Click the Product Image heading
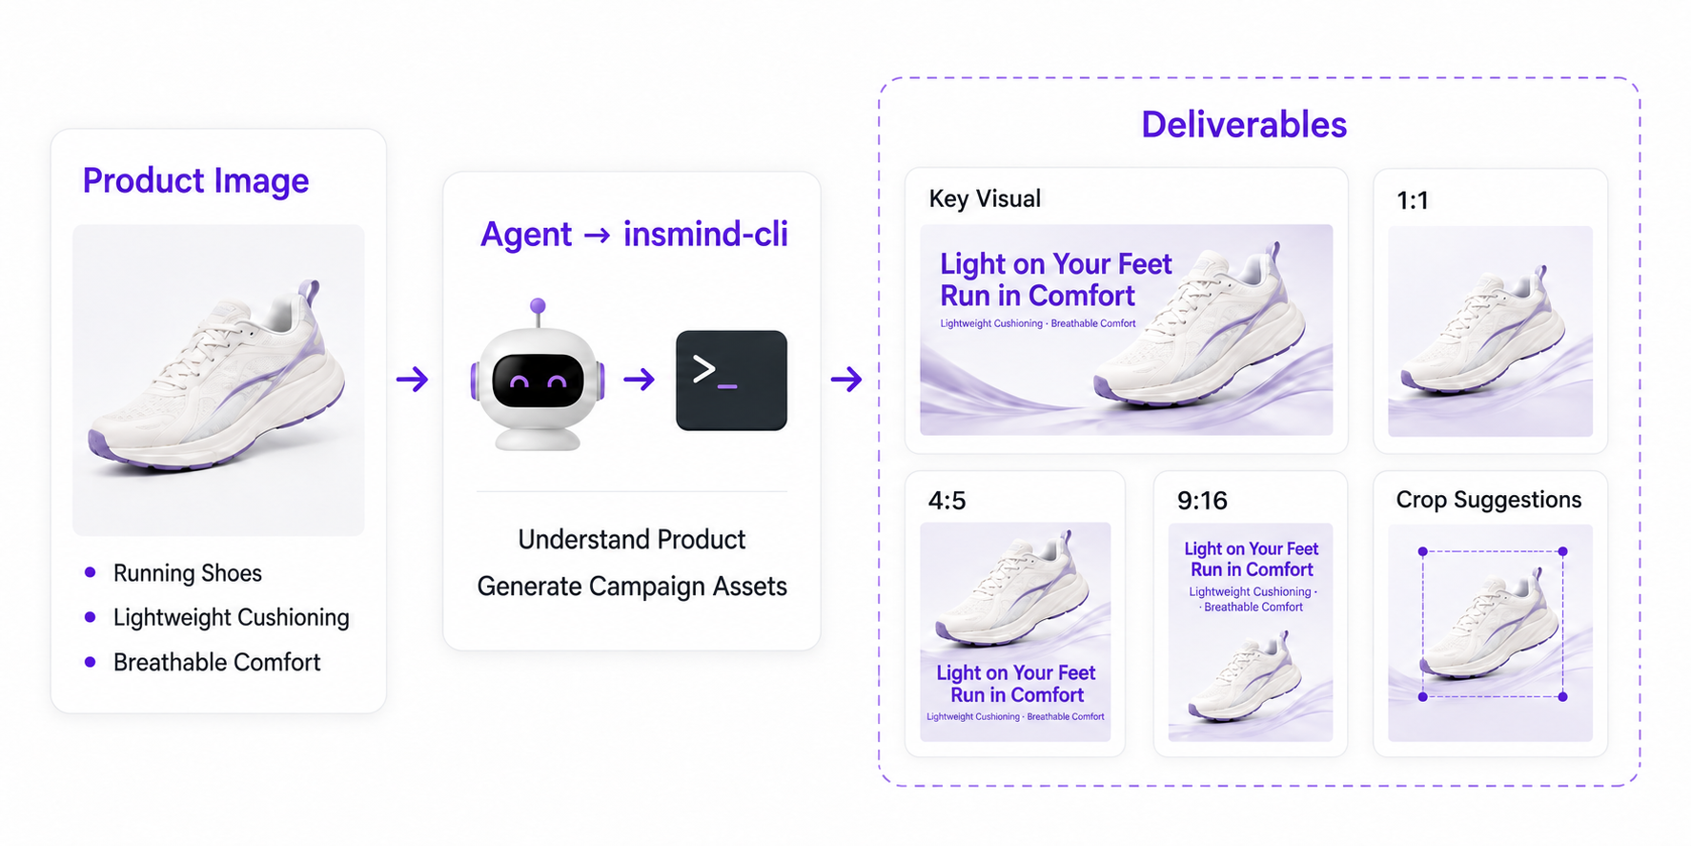click(195, 180)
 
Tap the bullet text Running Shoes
click(187, 573)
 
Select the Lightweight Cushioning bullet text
click(231, 618)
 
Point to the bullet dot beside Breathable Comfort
click(91, 662)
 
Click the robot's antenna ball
click(538, 306)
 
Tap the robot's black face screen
click(538, 381)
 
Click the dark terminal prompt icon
click(731, 381)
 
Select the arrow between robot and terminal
click(640, 380)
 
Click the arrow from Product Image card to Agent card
click(413, 380)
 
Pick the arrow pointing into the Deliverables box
click(846, 380)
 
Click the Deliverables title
click(1244, 125)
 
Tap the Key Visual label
click(985, 198)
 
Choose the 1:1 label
click(1413, 200)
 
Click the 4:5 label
click(947, 501)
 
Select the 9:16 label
click(1202, 501)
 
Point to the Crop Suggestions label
click(1488, 500)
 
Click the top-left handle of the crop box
click(1423, 551)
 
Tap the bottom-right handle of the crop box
click(1562, 697)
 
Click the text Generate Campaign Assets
click(632, 587)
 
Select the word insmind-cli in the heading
click(705, 234)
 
